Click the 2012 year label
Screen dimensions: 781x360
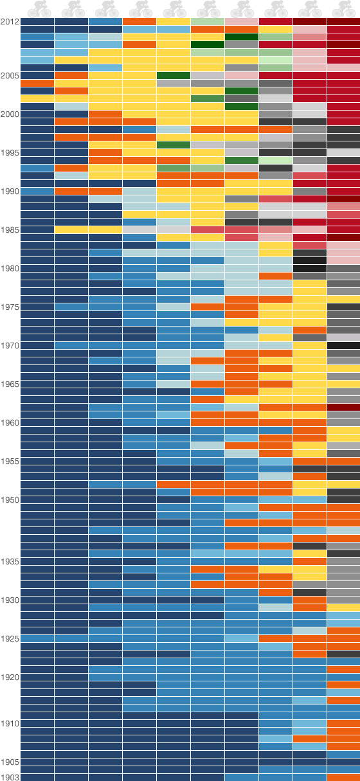(x=10, y=21)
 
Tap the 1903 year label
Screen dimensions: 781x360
(x=10, y=777)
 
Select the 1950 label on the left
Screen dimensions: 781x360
(x=10, y=499)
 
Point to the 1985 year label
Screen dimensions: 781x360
(x=10, y=229)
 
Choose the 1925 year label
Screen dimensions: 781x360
(x=10, y=638)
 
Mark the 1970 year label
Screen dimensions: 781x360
(x=10, y=345)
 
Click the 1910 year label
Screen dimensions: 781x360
(x=10, y=723)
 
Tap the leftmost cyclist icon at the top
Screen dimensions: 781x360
(x=37, y=8)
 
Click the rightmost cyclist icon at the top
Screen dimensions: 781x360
(x=343, y=8)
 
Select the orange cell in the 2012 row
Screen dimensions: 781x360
(x=139, y=21)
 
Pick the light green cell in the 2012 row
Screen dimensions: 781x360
(x=208, y=21)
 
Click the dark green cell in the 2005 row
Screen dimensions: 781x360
(x=174, y=75)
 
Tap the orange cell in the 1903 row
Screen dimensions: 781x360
(x=343, y=777)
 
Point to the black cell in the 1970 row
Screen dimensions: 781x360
(x=343, y=345)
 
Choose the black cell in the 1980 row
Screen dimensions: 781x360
(x=309, y=268)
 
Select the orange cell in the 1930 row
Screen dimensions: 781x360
(x=309, y=600)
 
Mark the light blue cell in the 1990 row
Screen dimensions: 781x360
(x=139, y=191)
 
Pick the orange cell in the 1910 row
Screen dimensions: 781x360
(x=343, y=723)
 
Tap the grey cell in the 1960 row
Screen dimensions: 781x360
(x=343, y=422)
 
